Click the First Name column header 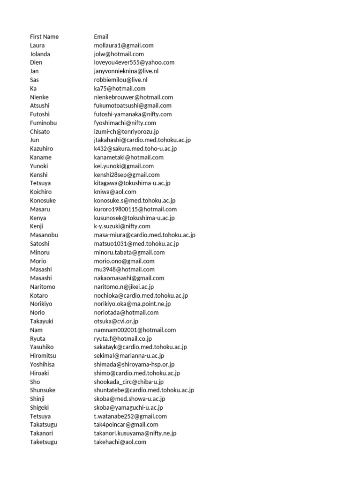[44, 37]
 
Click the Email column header [101, 37]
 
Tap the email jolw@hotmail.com [119, 54]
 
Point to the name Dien [36, 62]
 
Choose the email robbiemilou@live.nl [120, 80]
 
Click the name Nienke [39, 97]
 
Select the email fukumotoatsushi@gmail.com [133, 105]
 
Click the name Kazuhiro [41, 149]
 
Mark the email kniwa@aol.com [115, 192]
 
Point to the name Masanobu [44, 235]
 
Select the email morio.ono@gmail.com [124, 261]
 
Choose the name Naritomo [43, 287]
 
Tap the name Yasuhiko [42, 347]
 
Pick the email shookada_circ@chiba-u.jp [128, 382]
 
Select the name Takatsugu [44, 425]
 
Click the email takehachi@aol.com [120, 442]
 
